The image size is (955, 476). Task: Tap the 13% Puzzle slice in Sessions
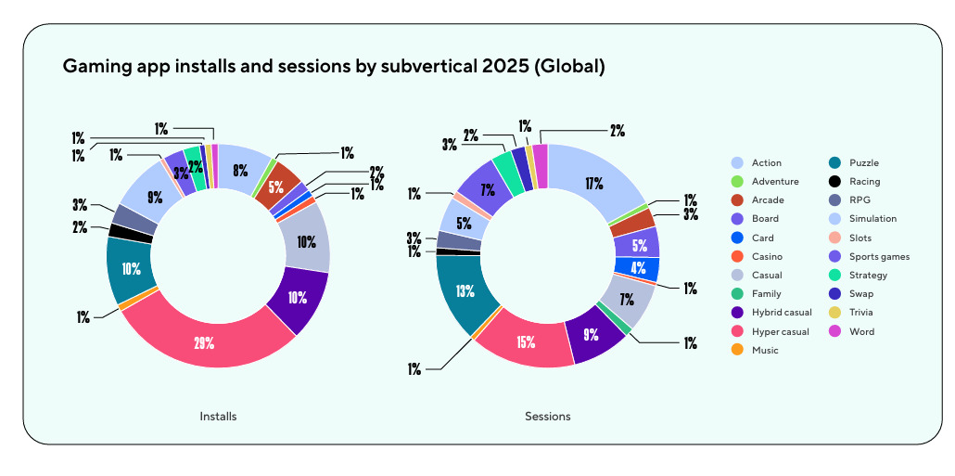[x=465, y=290]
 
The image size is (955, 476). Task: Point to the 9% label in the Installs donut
[x=155, y=196]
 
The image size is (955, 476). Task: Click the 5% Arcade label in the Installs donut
[x=276, y=187]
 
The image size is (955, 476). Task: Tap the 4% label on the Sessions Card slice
[x=638, y=269]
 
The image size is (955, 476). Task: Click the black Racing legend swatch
[x=834, y=182]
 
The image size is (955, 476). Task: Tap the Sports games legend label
[x=879, y=256]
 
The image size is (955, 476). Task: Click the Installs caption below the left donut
[x=218, y=417]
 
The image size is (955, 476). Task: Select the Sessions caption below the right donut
[x=547, y=417]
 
